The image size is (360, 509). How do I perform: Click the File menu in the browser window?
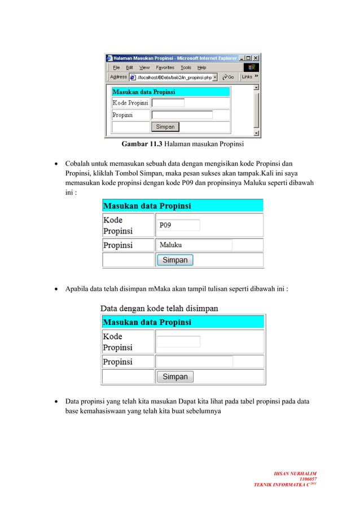pyautogui.click(x=116, y=67)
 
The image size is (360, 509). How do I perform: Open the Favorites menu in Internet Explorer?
pyautogui.click(x=165, y=67)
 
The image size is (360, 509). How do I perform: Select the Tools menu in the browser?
pyautogui.click(x=186, y=67)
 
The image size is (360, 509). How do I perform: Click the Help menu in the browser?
pyautogui.click(x=202, y=67)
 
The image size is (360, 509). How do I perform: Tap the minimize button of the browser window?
pyautogui.click(x=242, y=58)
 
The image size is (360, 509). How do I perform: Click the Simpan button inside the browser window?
pyautogui.click(x=165, y=127)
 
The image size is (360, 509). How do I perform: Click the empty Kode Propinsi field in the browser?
pyautogui.click(x=168, y=103)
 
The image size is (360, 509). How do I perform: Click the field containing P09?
pyautogui.click(x=178, y=225)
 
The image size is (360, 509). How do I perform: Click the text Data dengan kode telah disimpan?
pyautogui.click(x=159, y=309)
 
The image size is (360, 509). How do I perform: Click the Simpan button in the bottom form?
pyautogui.click(x=175, y=376)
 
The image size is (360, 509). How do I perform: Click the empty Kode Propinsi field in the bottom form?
pyautogui.click(x=178, y=341)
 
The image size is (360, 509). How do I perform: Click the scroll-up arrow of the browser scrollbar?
pyautogui.click(x=257, y=88)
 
